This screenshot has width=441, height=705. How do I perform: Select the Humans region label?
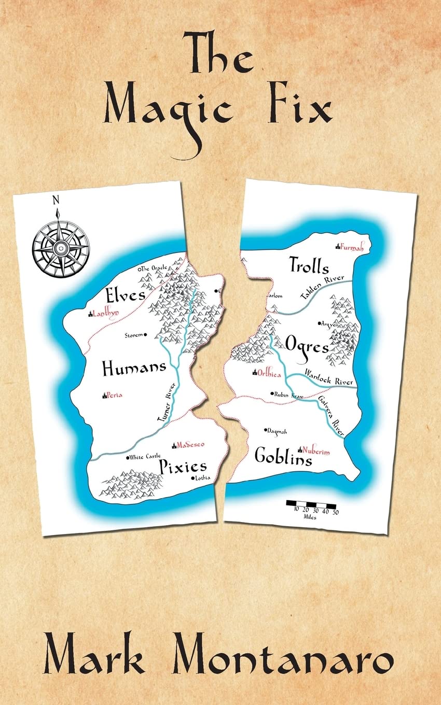pyautogui.click(x=134, y=369)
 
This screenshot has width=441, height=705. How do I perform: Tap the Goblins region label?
pyautogui.click(x=283, y=456)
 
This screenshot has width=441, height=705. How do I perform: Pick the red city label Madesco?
pyautogui.click(x=190, y=445)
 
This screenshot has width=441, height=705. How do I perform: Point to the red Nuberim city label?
pyautogui.click(x=315, y=452)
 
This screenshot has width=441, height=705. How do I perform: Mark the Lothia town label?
pyautogui.click(x=202, y=478)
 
